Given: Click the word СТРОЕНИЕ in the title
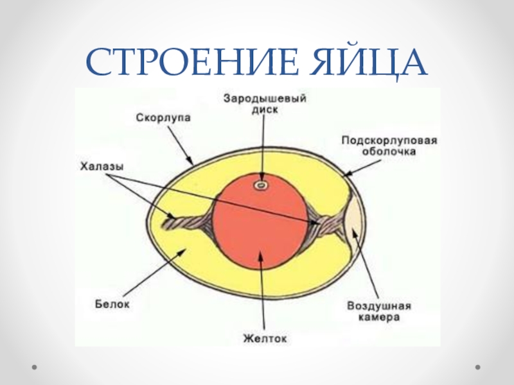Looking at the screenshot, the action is pyautogui.click(x=182, y=63).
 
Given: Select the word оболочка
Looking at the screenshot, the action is pyautogui.click(x=389, y=153).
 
